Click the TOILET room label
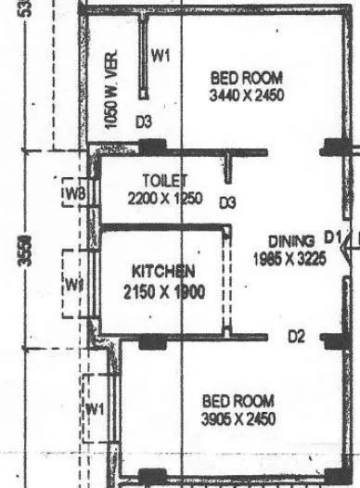166,180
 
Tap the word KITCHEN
163,272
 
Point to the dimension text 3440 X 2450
246,94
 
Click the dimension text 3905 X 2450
239,418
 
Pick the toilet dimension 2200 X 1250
165,197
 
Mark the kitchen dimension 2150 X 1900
162,289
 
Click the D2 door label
296,335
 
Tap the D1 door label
334,235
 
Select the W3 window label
76,194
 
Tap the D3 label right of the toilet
227,203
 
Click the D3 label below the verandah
143,122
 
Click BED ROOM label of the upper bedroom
246,77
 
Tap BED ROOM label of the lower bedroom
238,401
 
